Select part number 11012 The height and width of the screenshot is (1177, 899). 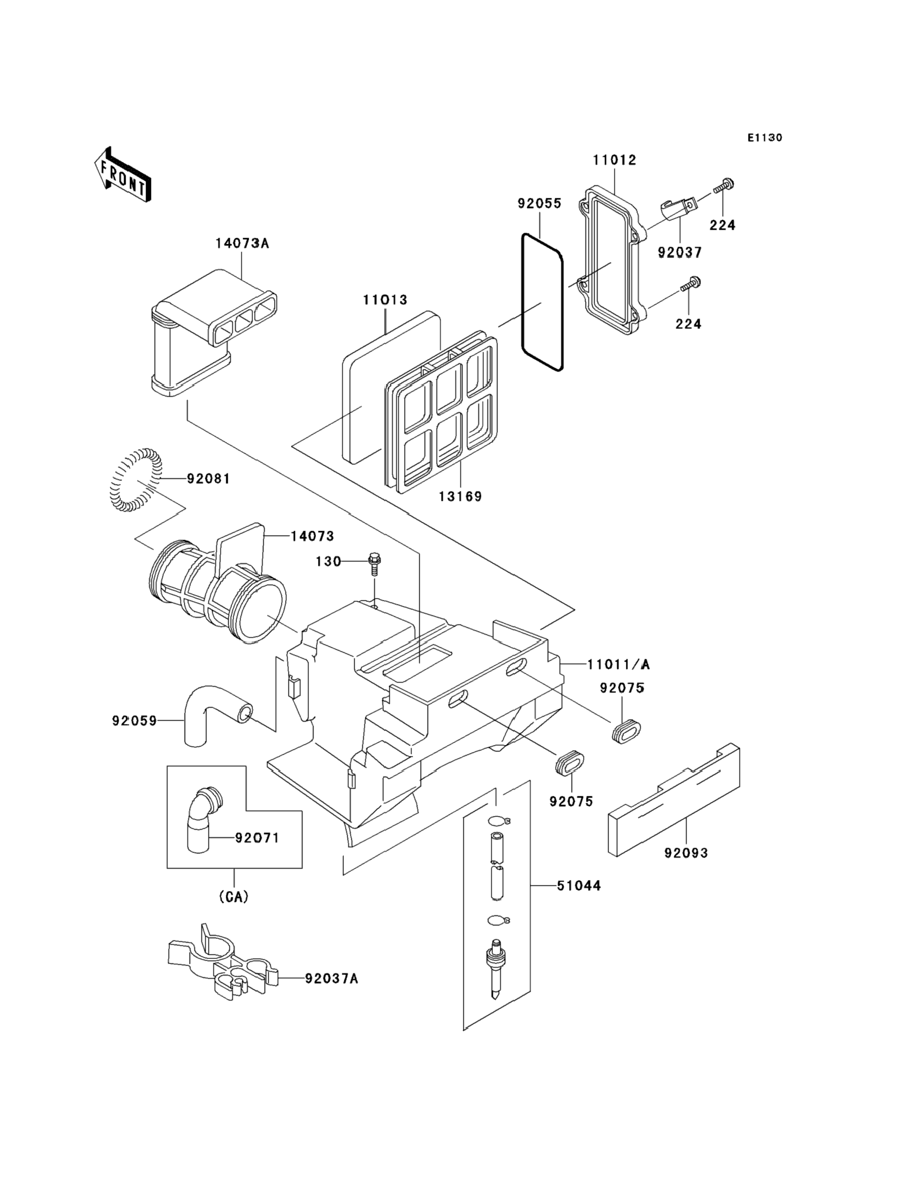tap(614, 160)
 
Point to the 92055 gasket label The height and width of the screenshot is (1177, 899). tap(539, 203)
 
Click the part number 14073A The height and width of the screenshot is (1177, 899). tap(242, 244)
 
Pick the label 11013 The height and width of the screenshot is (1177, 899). tap(385, 300)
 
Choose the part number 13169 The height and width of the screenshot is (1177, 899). tap(460, 496)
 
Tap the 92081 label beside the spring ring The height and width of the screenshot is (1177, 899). tap(208, 479)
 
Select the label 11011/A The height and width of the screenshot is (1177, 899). tap(618, 664)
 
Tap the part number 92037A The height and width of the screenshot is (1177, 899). tap(331, 979)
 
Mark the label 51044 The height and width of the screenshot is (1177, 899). tap(579, 886)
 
